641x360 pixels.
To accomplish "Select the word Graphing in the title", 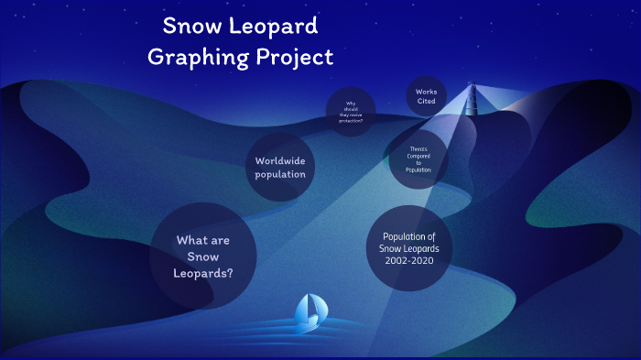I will coord(195,57).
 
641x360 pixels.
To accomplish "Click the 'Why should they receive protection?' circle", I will coord(351,112).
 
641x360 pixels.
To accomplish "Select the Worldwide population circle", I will coord(280,168).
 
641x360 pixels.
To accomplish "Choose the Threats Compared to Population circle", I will coord(417,158).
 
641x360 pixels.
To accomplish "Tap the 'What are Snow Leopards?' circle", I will coord(202,256).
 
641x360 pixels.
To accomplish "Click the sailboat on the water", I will coord(309,311).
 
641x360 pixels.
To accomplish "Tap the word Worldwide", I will coord(280,161).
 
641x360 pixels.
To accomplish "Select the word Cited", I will coord(427,103).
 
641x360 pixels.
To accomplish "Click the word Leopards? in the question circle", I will coord(202,273).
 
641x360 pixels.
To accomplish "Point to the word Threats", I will coord(418,148).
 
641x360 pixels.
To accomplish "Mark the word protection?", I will coord(351,120).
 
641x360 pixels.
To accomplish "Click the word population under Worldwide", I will coord(280,174).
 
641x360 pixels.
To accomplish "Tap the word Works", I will coord(427,92).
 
